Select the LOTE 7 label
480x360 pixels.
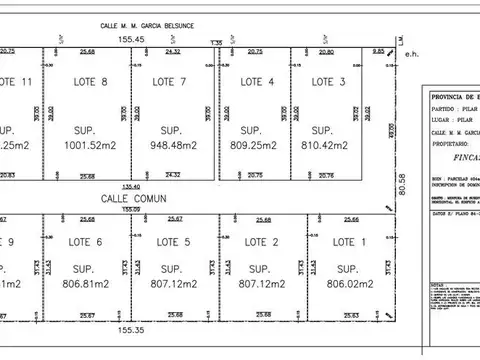coord(169,81)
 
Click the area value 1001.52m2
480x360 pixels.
coord(90,145)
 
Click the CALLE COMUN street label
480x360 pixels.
coord(131,199)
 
